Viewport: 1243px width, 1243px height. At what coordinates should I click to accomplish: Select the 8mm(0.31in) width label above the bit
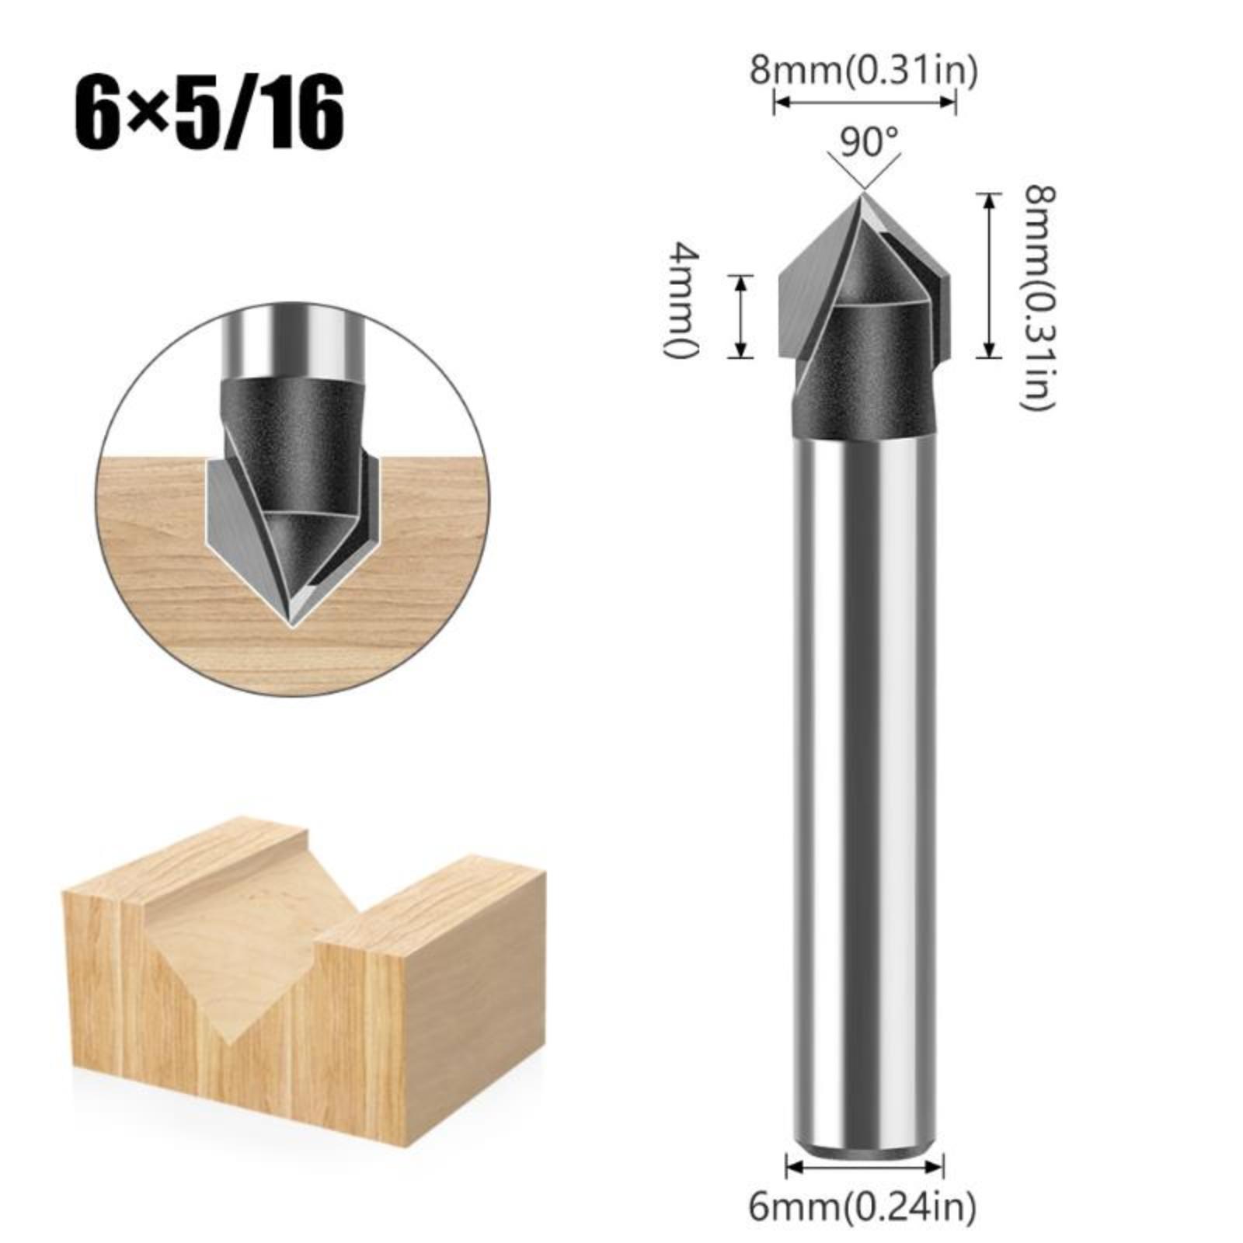point(863,71)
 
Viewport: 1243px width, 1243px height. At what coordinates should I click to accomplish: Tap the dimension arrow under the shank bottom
point(865,1165)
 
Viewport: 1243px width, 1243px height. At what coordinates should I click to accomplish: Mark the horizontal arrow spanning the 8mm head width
point(864,102)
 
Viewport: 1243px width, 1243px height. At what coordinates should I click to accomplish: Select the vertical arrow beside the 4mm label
point(740,316)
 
